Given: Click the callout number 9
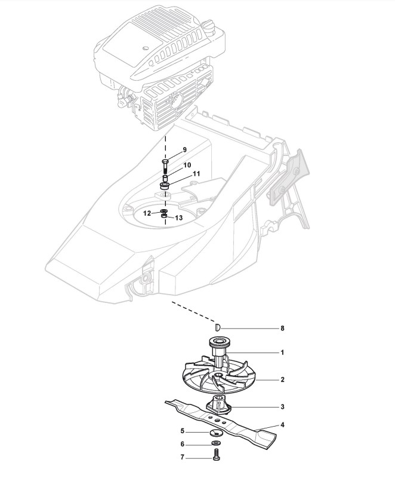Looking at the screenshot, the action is click(x=184, y=149).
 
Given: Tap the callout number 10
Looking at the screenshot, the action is click(x=187, y=164).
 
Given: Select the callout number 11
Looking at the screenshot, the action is click(x=196, y=174).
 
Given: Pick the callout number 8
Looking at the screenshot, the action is click(x=282, y=328).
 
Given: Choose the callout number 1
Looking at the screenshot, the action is click(x=282, y=353).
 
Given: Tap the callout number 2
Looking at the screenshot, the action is click(x=282, y=379).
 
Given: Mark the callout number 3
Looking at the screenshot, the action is click(x=282, y=407).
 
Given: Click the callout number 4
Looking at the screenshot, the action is click(x=282, y=425).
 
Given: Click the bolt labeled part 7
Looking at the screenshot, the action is click(x=215, y=458).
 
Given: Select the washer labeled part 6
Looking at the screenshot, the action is click(x=215, y=444).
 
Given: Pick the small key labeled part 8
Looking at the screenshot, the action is click(x=218, y=327).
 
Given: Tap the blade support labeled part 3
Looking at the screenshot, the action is click(x=218, y=405).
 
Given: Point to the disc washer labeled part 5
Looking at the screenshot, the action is click(x=215, y=431).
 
